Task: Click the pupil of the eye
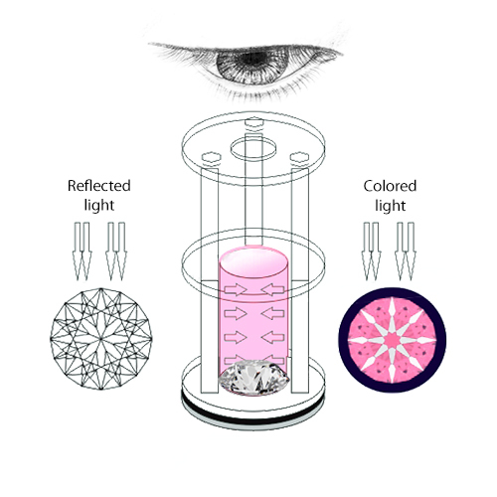[252, 59]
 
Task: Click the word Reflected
[99, 186]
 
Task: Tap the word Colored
[390, 186]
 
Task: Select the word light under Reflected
[99, 205]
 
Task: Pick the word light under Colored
[390, 206]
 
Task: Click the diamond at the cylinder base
[253, 378]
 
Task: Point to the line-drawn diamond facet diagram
[101, 338]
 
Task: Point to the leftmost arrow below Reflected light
[78, 251]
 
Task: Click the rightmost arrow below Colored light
[411, 251]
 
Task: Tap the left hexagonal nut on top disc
[211, 157]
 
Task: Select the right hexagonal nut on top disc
[299, 157]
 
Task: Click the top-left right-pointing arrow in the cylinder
[236, 290]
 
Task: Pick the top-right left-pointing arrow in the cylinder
[272, 290]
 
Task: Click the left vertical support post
[210, 280]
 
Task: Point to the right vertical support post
[300, 280]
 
